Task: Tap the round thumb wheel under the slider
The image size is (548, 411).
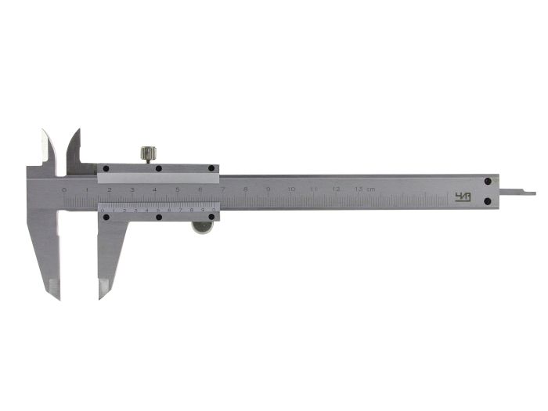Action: click(203, 228)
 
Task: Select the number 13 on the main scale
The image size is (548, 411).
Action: click(359, 190)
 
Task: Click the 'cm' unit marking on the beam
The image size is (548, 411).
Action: click(371, 190)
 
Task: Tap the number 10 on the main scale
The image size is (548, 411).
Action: click(290, 190)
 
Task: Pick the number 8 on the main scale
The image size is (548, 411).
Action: click(245, 190)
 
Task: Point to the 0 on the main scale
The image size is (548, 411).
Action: click(64, 190)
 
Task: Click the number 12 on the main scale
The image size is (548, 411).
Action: click(336, 190)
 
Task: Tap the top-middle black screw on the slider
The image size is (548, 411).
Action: click(158, 168)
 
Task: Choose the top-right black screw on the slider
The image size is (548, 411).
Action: click(212, 168)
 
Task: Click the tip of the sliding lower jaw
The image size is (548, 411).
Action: click(101, 296)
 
